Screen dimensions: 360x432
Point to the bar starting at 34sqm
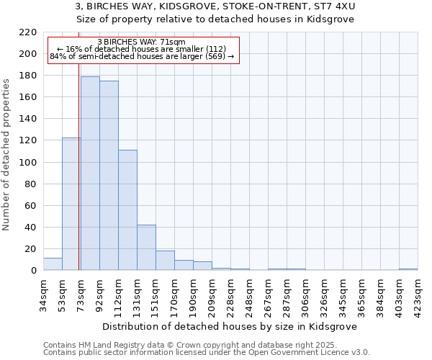(53, 264)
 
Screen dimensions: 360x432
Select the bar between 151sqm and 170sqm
(165, 260)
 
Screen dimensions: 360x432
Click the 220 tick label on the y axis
(28, 32)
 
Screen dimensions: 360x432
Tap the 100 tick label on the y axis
(28, 163)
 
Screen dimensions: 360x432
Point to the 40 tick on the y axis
(31, 228)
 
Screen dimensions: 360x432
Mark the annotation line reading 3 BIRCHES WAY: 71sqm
(141, 42)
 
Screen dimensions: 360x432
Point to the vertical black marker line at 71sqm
(78, 180)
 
